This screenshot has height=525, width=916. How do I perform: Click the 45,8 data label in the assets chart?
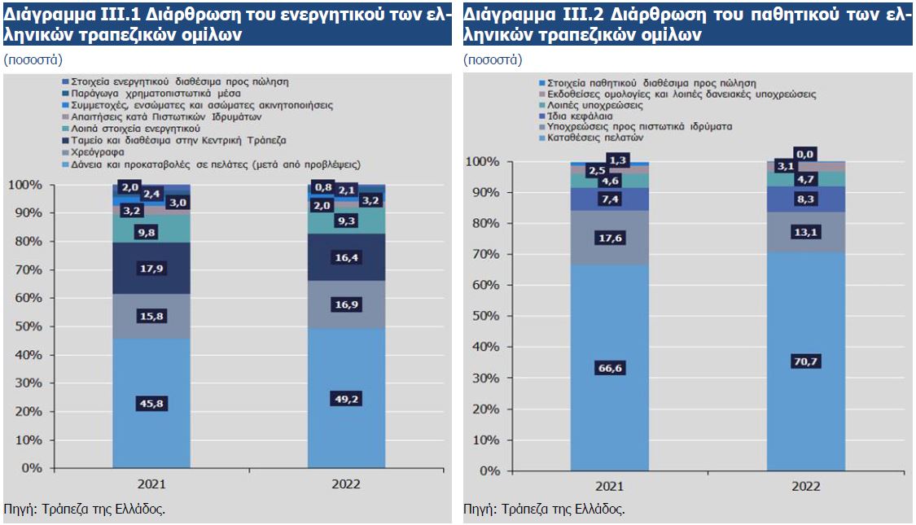click(151, 402)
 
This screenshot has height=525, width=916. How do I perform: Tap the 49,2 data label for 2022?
click(347, 399)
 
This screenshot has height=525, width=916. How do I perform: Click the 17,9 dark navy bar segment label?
click(151, 269)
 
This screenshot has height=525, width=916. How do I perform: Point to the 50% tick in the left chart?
click(29, 326)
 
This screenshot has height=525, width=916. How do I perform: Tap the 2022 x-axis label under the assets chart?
click(346, 483)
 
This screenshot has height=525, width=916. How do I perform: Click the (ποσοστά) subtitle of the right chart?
click(493, 60)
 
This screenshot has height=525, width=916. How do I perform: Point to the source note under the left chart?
click(85, 509)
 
